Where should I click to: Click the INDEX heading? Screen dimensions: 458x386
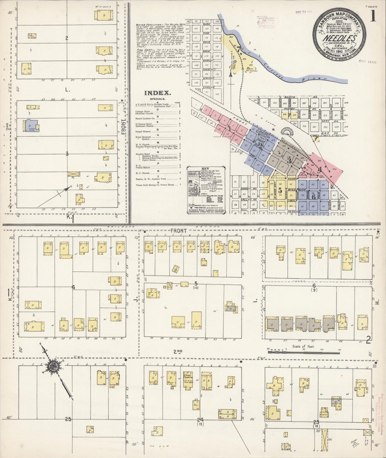point(157,93)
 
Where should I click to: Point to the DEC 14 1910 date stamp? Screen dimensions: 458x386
point(304,12)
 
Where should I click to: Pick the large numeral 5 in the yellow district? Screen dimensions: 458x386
point(280,190)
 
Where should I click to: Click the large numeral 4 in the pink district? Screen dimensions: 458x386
point(319,169)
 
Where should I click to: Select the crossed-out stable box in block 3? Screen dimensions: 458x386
point(74,174)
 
